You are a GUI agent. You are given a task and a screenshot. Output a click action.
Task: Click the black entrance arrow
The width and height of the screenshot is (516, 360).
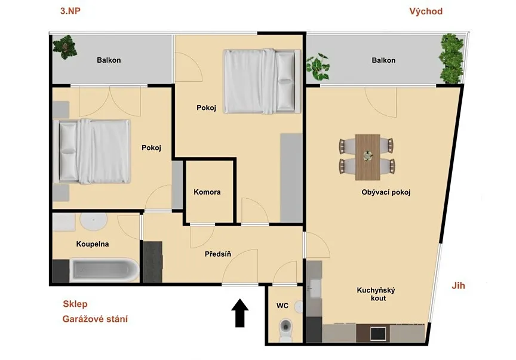click(x=240, y=313)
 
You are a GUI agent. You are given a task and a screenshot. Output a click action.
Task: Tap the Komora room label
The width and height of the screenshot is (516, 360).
click(x=207, y=192)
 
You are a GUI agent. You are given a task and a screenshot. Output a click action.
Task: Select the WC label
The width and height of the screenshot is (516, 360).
click(x=282, y=306)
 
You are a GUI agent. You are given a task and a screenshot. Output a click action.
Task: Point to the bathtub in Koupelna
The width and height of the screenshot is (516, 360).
click(x=105, y=270)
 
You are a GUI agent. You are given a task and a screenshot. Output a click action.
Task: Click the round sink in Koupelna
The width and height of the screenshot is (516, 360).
click(x=94, y=222)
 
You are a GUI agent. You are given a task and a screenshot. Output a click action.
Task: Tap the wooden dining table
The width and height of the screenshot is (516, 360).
click(x=367, y=157)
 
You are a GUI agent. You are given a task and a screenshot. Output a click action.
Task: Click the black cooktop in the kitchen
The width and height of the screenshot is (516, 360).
click(x=378, y=334)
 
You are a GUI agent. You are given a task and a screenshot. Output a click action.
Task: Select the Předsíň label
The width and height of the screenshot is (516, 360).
click(x=218, y=254)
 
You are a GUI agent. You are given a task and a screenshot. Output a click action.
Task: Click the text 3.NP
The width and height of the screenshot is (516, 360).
click(x=70, y=11)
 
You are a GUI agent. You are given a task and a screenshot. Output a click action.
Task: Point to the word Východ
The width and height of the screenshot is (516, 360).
click(x=426, y=11)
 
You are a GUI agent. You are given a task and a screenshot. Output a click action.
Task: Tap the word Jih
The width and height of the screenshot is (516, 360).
click(x=458, y=285)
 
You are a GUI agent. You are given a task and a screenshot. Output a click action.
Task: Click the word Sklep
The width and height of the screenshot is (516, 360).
click(x=75, y=304)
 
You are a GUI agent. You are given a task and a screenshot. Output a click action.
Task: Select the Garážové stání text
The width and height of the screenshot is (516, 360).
click(x=95, y=319)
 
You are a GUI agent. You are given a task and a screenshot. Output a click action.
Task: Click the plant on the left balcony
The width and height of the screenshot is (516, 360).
click(x=65, y=47)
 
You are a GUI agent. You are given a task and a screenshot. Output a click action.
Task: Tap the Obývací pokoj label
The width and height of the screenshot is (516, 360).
click(x=386, y=192)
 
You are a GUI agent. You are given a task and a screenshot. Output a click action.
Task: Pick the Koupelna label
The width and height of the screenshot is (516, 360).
click(x=93, y=244)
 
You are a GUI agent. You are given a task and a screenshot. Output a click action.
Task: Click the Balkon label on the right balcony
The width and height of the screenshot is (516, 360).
click(x=383, y=60)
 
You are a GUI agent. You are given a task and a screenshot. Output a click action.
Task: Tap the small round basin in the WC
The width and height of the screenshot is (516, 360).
click(x=299, y=307)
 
